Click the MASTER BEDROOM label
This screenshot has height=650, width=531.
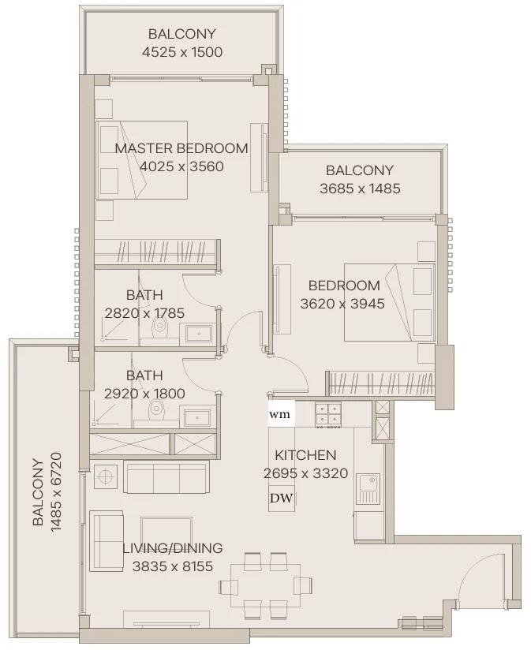[181, 148]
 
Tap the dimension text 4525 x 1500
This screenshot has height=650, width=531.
[182, 52]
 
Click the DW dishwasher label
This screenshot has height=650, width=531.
[282, 498]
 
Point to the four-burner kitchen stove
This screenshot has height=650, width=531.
[328, 415]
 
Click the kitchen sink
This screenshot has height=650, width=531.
[368, 489]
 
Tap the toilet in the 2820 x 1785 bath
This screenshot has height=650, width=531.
[159, 328]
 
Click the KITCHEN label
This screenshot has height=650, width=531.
[305, 455]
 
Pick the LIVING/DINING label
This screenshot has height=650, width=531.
[173, 548]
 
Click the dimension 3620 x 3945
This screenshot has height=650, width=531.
[342, 304]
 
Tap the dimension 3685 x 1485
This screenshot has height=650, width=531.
[360, 189]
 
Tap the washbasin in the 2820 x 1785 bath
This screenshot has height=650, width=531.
[199, 334]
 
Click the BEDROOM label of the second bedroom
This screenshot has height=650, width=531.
[344, 286]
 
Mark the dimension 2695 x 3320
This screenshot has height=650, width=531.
[305, 473]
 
